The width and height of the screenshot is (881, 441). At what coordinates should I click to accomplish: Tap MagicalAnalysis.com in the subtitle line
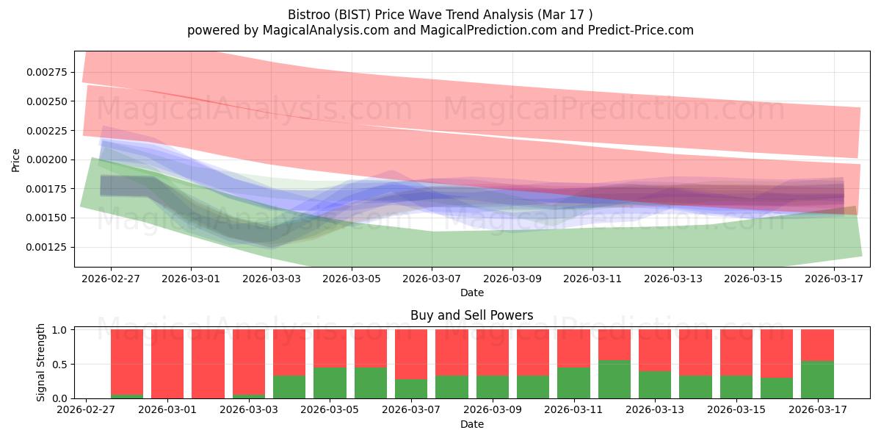pyautogui.click(x=326, y=30)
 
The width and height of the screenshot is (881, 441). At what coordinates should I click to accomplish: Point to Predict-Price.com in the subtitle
pyautogui.click(x=641, y=30)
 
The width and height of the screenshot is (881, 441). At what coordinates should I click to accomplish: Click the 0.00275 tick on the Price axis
pyautogui.click(x=47, y=72)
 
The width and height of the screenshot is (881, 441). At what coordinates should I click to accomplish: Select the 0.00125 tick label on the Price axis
pyautogui.click(x=47, y=247)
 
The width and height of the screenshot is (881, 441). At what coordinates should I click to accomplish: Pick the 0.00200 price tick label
pyautogui.click(x=47, y=159)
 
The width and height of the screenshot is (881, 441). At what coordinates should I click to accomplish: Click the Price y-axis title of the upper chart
pyautogui.click(x=15, y=160)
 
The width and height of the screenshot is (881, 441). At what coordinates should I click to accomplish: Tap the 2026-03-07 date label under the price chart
pyautogui.click(x=432, y=279)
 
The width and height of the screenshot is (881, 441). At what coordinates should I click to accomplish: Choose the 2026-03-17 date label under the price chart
pyautogui.click(x=834, y=279)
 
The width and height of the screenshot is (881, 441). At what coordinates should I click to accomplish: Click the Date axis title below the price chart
pyautogui.click(x=472, y=293)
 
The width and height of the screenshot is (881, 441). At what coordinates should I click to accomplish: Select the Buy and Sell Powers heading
pyautogui.click(x=472, y=315)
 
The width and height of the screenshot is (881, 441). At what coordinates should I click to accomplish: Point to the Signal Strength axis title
pyautogui.click(x=40, y=362)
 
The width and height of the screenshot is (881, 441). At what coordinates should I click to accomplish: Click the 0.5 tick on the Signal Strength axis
pyautogui.click(x=59, y=365)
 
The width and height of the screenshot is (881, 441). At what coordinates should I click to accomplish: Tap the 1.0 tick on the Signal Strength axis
pyautogui.click(x=59, y=329)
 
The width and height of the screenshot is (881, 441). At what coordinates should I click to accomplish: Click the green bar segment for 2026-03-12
pyautogui.click(x=614, y=379)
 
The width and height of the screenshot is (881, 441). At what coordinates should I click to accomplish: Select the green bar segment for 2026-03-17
pyautogui.click(x=817, y=379)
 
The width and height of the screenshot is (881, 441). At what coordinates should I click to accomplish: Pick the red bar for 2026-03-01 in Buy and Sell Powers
pyautogui.click(x=167, y=364)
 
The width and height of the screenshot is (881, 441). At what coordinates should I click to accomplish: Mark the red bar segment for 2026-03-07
pyautogui.click(x=411, y=354)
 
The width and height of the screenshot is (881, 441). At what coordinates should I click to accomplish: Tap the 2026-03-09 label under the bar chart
pyautogui.click(x=493, y=409)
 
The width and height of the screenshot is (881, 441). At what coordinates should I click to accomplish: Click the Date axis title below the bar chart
pyautogui.click(x=472, y=424)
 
